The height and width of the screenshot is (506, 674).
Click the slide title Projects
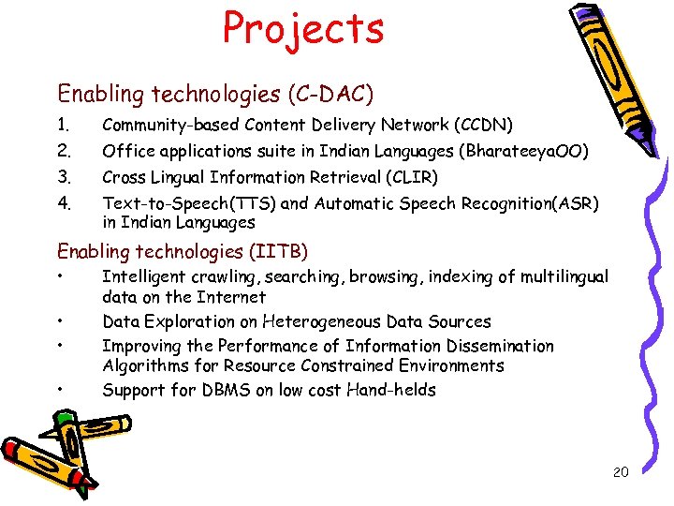click(303, 28)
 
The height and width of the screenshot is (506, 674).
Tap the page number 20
click(621, 471)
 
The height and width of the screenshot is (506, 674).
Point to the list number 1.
click(63, 125)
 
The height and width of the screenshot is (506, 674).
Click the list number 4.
click(64, 203)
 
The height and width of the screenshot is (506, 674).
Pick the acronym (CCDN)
click(482, 125)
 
